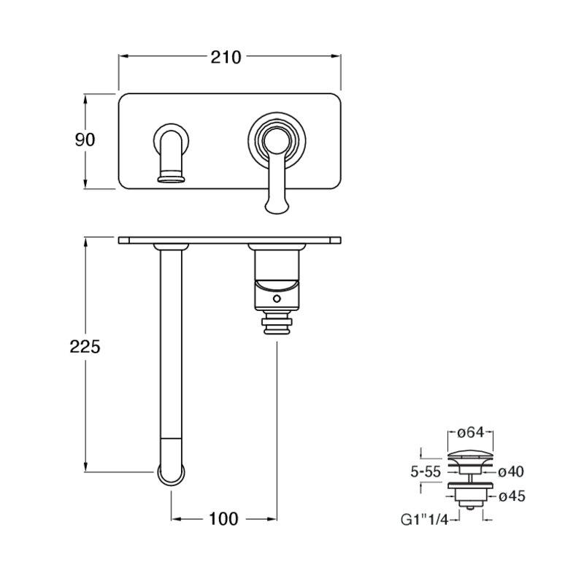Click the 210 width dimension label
pyautogui.click(x=226, y=58)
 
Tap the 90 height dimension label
pyautogui.click(x=85, y=139)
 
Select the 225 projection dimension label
pyautogui.click(x=85, y=347)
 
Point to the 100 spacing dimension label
pyautogui.click(x=223, y=519)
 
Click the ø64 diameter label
pyautogui.click(x=471, y=432)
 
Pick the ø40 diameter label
pyautogui.click(x=511, y=472)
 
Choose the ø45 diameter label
pyautogui.click(x=512, y=496)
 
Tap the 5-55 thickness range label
pyautogui.click(x=426, y=472)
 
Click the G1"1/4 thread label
pyautogui.click(x=424, y=520)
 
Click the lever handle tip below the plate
pyautogui.click(x=276, y=206)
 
